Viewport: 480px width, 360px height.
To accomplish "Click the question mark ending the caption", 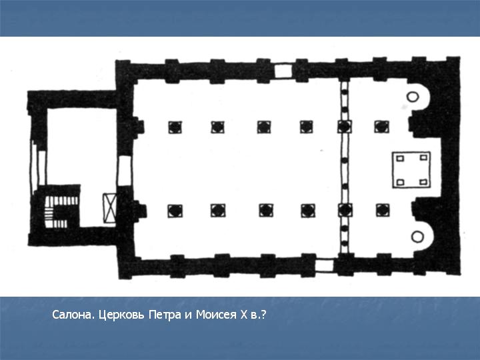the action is pyautogui.click(x=263, y=315).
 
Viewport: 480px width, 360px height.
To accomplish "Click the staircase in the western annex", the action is pyautogui.click(x=61, y=212).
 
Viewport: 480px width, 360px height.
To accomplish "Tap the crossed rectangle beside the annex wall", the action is pyautogui.click(x=109, y=208).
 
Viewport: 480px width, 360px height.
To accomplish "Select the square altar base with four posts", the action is pyautogui.click(x=412, y=169).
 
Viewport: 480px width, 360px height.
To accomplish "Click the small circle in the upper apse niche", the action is pyautogui.click(x=413, y=97).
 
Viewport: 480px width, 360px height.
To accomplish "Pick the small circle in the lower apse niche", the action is pyautogui.click(x=417, y=237).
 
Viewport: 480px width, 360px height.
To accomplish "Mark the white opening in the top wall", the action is pyautogui.click(x=282, y=71).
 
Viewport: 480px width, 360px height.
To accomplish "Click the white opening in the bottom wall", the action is pyautogui.click(x=325, y=265).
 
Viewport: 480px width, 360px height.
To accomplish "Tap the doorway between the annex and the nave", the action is pyautogui.click(x=125, y=171).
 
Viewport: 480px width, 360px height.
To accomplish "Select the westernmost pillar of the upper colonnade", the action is pyautogui.click(x=175, y=127).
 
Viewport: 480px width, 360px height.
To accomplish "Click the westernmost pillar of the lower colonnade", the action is pyautogui.click(x=175, y=211).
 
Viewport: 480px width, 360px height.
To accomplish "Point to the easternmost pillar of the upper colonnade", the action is pyautogui.click(x=382, y=127).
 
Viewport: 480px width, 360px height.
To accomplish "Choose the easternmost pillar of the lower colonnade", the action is pyautogui.click(x=383, y=210).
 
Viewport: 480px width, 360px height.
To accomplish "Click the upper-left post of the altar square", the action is pyautogui.click(x=400, y=158).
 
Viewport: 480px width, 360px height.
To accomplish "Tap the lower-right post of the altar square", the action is pyautogui.click(x=423, y=182).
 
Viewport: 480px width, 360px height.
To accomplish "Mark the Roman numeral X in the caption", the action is pyautogui.click(x=244, y=315).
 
